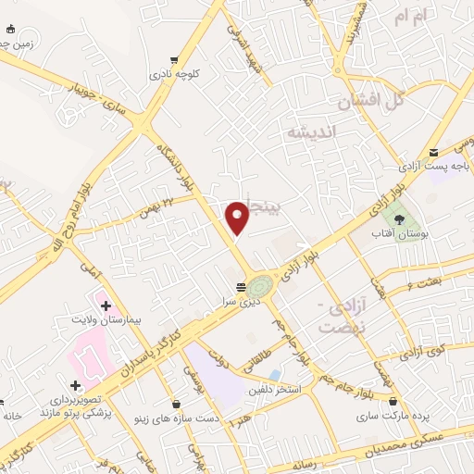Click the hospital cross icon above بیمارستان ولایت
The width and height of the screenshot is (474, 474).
(106, 305)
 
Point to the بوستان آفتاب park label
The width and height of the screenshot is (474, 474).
(399, 235)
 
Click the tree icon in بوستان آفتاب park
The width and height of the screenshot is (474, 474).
(399, 219)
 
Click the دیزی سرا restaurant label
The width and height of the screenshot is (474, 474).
(238, 300)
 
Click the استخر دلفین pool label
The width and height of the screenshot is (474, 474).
(275, 389)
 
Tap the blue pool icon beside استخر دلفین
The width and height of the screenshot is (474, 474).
(275, 374)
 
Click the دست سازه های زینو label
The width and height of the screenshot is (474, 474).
(177, 418)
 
